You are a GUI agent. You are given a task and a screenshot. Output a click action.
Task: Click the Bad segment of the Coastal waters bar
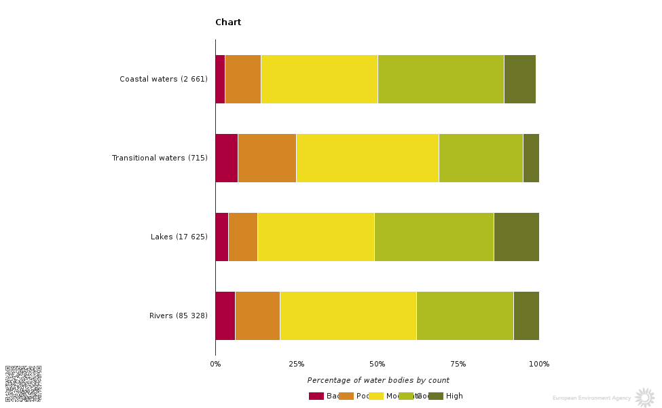click(x=220, y=79)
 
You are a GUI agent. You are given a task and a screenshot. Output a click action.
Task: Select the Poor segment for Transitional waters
click(x=267, y=158)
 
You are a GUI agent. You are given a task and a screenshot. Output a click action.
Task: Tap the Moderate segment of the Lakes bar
click(x=316, y=237)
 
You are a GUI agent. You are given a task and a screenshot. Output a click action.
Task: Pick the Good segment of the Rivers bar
click(x=464, y=316)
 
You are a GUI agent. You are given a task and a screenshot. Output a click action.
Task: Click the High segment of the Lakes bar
click(x=516, y=237)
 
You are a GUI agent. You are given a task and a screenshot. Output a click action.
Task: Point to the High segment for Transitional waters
click(x=531, y=158)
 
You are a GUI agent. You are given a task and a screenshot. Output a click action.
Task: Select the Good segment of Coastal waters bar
click(x=441, y=79)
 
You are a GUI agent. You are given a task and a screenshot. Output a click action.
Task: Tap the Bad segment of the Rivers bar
click(x=225, y=316)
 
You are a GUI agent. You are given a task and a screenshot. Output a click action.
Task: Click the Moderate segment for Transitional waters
click(x=367, y=158)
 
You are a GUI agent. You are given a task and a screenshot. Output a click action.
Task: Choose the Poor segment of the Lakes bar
click(x=243, y=237)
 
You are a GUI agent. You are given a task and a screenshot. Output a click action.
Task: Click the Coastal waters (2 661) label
click(x=164, y=79)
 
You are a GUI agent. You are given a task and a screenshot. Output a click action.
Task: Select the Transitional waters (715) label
click(x=160, y=158)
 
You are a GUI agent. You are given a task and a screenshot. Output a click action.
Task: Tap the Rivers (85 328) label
click(x=179, y=316)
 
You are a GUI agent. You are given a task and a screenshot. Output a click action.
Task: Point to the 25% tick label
click(x=296, y=364)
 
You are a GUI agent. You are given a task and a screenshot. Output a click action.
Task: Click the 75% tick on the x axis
click(x=458, y=364)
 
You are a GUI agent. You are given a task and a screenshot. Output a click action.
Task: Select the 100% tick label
click(x=539, y=364)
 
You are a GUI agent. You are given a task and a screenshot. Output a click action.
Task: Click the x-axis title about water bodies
click(x=378, y=380)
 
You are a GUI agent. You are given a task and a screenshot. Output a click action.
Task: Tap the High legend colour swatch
click(x=435, y=396)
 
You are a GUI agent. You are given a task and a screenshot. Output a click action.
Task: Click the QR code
click(x=23, y=384)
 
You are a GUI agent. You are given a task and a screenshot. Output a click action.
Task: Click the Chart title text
click(x=228, y=22)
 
